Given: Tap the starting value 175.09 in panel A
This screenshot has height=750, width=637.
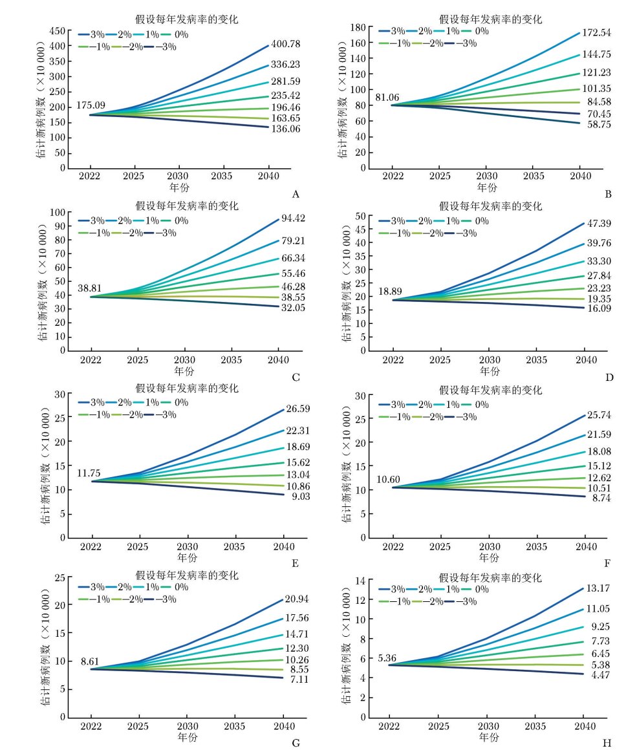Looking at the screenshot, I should (x=109, y=106).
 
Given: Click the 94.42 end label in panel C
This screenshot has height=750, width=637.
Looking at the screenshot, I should (x=293, y=218).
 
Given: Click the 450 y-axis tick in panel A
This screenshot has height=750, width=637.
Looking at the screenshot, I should (x=56, y=31).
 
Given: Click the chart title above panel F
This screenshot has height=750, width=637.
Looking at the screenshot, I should (x=490, y=390).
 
